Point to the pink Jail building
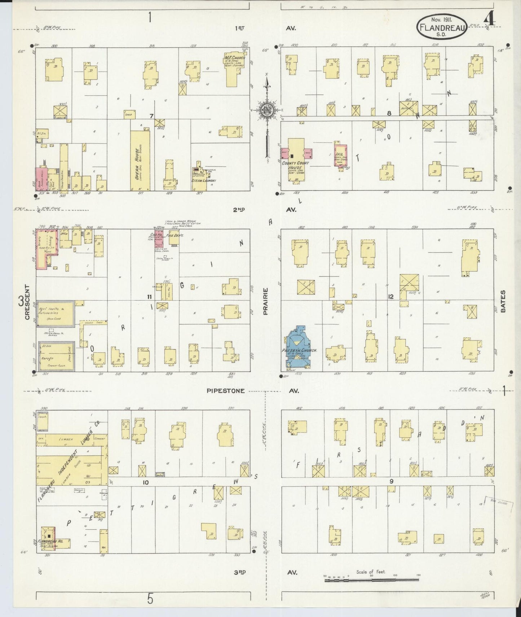(340, 155)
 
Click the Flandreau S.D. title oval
(442, 27)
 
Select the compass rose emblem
(267, 110)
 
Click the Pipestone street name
(226, 391)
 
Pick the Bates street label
(503, 301)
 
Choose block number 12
(391, 297)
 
